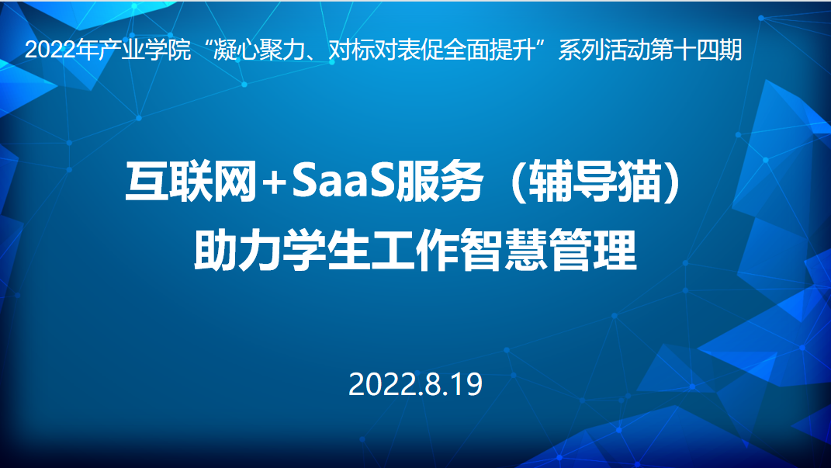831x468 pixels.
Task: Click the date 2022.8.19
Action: coord(416,384)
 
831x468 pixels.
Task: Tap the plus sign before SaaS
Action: coord(274,183)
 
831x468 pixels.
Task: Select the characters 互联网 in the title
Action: coord(192,182)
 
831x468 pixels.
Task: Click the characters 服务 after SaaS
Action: coord(439,182)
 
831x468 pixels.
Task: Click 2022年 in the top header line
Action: coord(62,50)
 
